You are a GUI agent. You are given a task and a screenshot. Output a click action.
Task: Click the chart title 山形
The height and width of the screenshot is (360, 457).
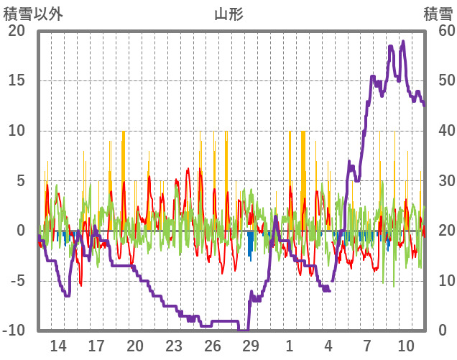click(x=228, y=13)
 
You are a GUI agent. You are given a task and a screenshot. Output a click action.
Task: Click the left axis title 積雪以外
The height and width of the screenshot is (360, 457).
click(x=28, y=13)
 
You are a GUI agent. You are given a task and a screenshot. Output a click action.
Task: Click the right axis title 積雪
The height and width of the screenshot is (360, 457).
click(x=438, y=13)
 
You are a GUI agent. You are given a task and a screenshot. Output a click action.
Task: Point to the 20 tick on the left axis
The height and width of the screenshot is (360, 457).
click(x=16, y=31)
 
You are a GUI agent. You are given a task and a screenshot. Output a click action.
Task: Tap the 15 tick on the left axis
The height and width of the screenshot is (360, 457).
click(x=16, y=80)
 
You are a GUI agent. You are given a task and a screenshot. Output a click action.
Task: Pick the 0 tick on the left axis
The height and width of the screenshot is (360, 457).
click(x=21, y=231)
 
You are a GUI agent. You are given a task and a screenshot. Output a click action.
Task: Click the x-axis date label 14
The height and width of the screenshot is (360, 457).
click(x=57, y=345)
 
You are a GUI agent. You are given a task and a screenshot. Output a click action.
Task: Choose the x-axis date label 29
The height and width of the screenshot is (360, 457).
click(x=250, y=345)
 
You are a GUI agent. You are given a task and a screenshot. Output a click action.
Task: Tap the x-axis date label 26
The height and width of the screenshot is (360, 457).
click(x=212, y=345)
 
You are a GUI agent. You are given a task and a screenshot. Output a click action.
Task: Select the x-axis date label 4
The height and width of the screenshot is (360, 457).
click(x=328, y=345)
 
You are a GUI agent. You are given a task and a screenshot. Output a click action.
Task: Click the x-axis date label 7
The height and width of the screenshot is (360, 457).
click(x=366, y=345)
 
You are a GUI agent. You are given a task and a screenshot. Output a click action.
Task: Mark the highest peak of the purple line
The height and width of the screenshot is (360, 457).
click(x=403, y=42)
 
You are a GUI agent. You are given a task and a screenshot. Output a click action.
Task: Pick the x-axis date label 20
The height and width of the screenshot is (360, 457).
click(x=135, y=345)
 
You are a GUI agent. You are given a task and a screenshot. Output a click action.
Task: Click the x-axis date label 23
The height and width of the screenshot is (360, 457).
click(x=173, y=345)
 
